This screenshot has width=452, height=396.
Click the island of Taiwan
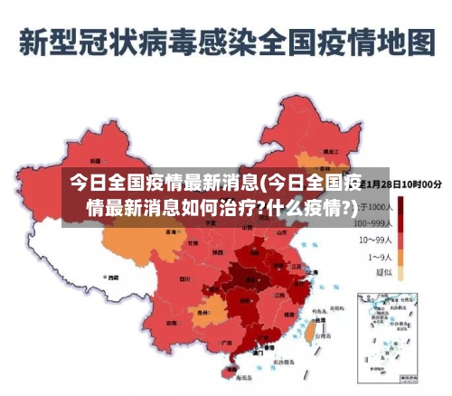point(306,334)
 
